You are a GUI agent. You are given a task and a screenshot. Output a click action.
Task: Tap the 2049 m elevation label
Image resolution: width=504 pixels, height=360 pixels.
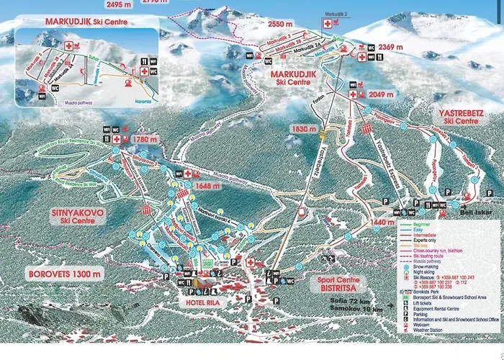point(381,94)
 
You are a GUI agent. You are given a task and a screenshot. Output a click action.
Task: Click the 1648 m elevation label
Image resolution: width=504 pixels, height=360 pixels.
point(205,184)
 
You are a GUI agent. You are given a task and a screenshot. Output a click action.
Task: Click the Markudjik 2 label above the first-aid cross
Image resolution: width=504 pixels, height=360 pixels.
point(336,14)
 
